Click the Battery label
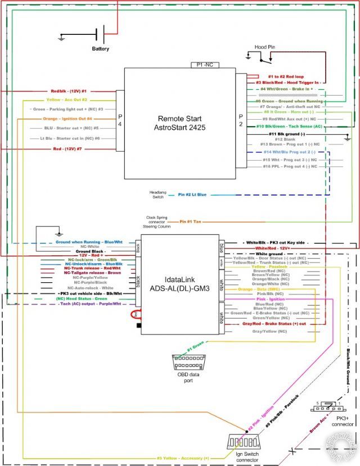tap(101, 49)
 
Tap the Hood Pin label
tap(264, 48)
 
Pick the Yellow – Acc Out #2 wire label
tap(70, 99)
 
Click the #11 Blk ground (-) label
tap(287, 134)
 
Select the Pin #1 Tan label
tap(190, 222)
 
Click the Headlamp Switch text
tap(157, 194)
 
